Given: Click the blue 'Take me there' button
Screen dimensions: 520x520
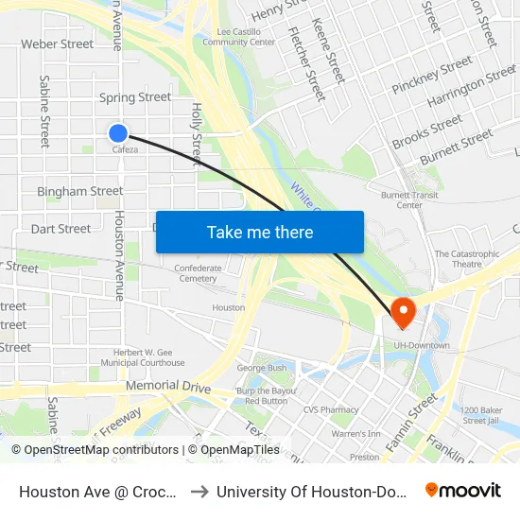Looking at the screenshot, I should (x=260, y=232).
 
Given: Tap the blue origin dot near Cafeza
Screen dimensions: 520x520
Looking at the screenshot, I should (x=118, y=133).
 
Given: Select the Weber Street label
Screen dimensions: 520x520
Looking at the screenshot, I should (x=58, y=43).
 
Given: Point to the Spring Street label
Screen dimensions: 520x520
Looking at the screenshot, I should (x=135, y=96).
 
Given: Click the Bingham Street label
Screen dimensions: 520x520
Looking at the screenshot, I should (x=80, y=191).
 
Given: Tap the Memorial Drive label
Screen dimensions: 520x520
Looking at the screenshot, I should (x=168, y=387).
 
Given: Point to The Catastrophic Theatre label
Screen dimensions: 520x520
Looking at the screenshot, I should (x=466, y=259).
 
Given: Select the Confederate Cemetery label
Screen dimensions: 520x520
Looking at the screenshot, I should (x=198, y=273).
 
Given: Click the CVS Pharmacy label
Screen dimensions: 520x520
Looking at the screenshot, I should (x=331, y=409).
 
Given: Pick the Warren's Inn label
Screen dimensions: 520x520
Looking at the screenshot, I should (x=355, y=434).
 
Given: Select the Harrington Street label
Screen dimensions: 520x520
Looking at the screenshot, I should (x=471, y=88).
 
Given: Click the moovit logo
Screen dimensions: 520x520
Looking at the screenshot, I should (x=462, y=491).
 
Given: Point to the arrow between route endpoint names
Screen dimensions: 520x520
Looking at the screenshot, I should (x=199, y=491).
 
